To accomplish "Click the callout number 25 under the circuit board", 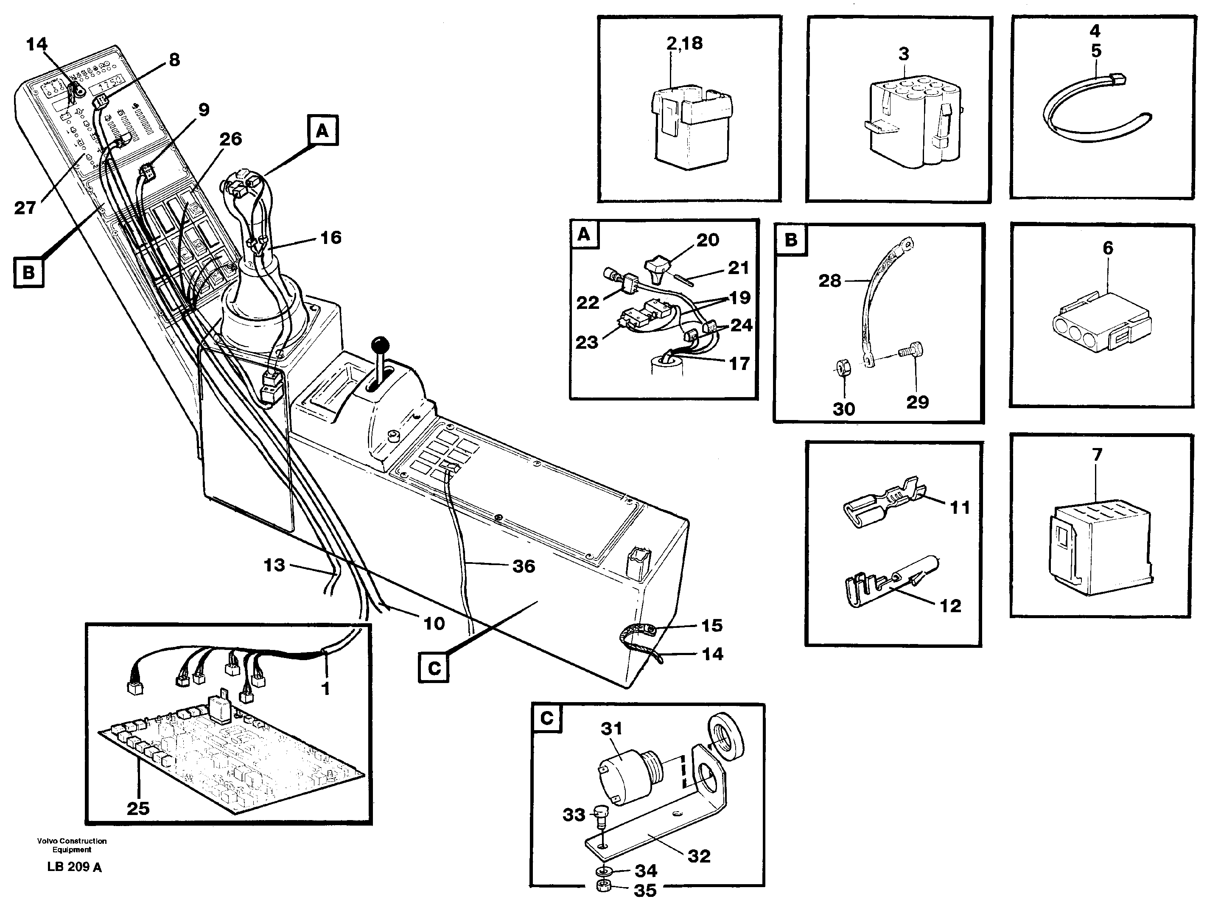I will point(137,808).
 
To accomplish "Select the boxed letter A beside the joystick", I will point(323,131).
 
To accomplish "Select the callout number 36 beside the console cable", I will point(523,566).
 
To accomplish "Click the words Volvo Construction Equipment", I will point(72,845).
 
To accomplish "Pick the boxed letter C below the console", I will point(434,668).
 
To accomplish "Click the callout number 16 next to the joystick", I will point(330,238).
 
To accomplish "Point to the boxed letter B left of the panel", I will point(28,272).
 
